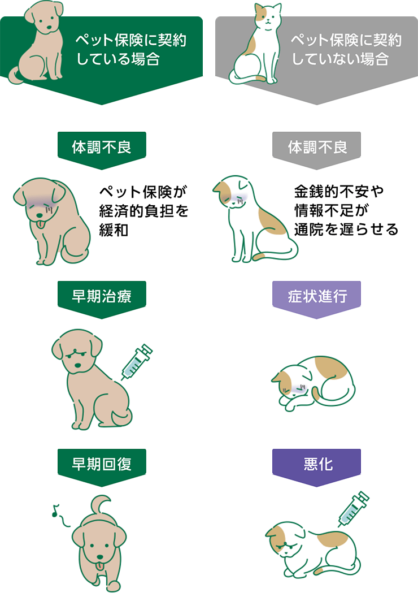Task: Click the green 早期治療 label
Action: point(102,296)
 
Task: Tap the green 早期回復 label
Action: point(102,464)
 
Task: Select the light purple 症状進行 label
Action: point(316,296)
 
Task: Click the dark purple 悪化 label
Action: point(316,464)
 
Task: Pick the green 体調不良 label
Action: point(102,147)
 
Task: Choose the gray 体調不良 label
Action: point(316,147)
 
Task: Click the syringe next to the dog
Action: point(136,362)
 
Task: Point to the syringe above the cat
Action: point(353,509)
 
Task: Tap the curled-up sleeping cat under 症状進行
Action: point(313,384)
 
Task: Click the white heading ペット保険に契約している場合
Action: point(131,49)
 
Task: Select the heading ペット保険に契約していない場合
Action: point(346,49)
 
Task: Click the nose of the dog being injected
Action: point(77,365)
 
